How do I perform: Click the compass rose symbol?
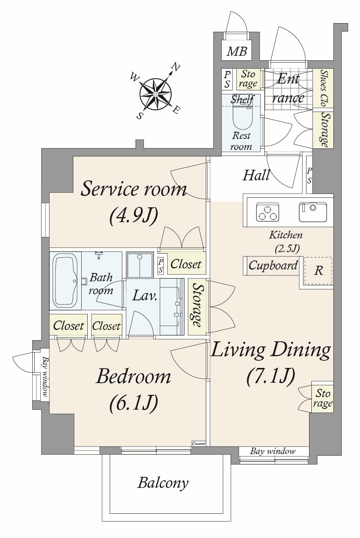coord(156,94)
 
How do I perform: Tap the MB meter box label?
coord(237,51)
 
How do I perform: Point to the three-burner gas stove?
coord(268,212)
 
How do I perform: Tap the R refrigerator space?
coord(319,271)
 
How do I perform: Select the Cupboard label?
coord(273,265)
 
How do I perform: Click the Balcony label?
coord(163,483)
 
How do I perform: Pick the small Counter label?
coord(199,443)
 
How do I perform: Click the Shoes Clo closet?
coord(323,88)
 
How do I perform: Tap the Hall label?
coord(256,175)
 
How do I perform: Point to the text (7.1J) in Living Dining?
coord(270,376)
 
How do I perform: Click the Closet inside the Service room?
coord(186,264)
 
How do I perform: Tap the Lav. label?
coord(145,296)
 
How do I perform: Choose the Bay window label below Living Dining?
coord(273,451)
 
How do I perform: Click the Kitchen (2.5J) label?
coord(286,241)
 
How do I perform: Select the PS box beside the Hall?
coord(309,175)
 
